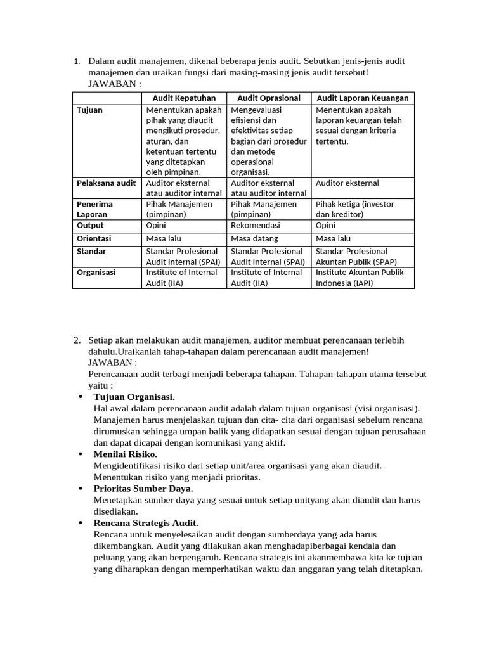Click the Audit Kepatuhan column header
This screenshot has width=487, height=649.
point(184,98)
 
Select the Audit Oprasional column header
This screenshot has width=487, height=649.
point(269,98)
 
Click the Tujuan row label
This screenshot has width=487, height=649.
point(89,110)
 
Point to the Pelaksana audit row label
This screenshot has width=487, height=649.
point(106,183)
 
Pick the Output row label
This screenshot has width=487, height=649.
point(90,225)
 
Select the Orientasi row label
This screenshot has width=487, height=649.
point(94,238)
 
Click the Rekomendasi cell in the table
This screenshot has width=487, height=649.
point(255,225)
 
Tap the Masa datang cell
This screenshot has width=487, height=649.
point(254,238)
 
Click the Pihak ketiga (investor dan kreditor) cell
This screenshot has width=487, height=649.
point(354,209)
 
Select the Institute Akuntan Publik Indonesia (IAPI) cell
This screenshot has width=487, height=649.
point(359,278)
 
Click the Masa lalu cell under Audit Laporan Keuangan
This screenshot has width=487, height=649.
point(333,238)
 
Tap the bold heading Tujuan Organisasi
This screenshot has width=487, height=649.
point(134,397)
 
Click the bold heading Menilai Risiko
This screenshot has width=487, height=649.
point(125,454)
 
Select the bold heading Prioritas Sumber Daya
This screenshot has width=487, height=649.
point(143,489)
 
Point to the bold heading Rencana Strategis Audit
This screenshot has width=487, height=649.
point(146,523)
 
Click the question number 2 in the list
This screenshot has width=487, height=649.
point(77,340)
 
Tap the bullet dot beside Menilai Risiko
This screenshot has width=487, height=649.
point(80,454)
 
